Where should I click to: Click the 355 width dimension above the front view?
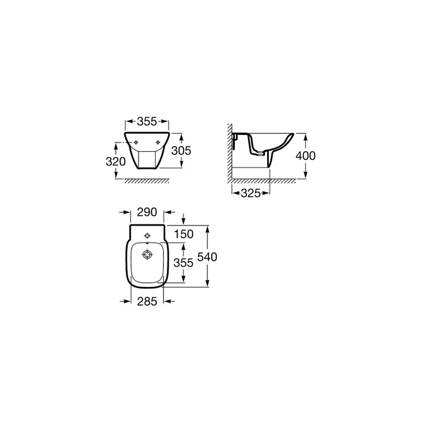pos(147,122)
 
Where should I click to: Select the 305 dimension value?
pos(181,151)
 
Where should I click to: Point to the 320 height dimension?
pos(116,162)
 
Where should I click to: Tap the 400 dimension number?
pos(306,156)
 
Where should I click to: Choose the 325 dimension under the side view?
pos(251,193)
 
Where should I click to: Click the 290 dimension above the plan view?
pos(147,212)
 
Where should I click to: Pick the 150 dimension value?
pos(184,234)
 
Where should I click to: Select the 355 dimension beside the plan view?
pos(184,263)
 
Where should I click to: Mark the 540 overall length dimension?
pos(207,257)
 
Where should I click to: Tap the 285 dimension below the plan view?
pos(147,301)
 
